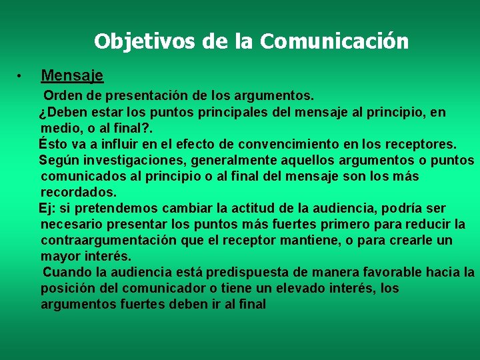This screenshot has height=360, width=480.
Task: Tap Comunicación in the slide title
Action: [335, 41]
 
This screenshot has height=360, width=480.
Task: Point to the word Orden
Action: [63, 97]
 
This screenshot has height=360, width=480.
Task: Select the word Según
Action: [56, 161]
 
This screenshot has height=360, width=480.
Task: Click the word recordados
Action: [78, 192]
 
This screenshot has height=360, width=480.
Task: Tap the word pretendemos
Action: [107, 208]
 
